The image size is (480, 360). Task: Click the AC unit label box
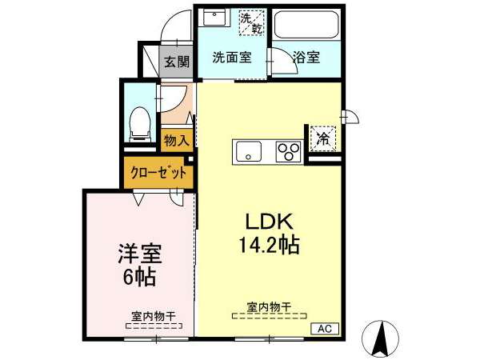[325, 329]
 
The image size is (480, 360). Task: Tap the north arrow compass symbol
[380, 338]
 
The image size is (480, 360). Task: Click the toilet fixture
[140, 124]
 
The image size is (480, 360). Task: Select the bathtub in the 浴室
[306, 25]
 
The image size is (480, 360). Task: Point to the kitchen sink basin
[247, 152]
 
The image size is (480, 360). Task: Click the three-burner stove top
[288, 151]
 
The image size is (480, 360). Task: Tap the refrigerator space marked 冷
[323, 138]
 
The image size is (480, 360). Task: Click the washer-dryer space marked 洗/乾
[251, 23]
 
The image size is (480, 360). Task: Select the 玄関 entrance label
[177, 62]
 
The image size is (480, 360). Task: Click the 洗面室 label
[232, 58]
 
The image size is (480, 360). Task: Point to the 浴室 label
[306, 57]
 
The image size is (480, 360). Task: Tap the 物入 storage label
[177, 141]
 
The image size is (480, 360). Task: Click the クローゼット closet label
[158, 173]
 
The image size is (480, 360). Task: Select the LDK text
[270, 222]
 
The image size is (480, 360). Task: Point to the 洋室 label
[140, 254]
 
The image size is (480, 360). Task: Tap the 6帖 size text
[139, 277]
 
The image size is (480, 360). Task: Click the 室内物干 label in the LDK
[269, 307]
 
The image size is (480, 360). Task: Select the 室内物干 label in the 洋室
[154, 316]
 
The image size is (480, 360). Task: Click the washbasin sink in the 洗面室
[214, 17]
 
